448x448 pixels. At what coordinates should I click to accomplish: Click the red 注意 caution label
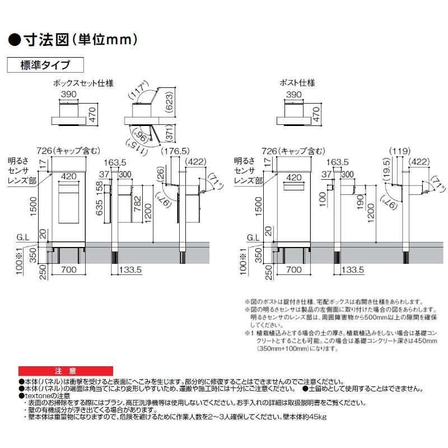(62, 371)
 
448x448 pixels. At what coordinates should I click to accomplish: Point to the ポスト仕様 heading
(297, 83)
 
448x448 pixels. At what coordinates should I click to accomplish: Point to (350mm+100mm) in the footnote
(280, 348)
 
